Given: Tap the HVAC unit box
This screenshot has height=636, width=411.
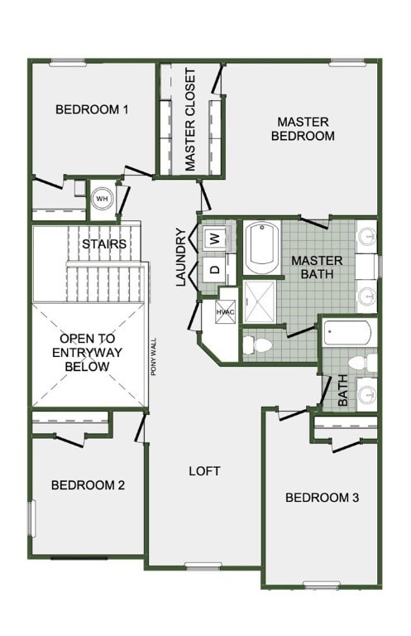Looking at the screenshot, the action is (x=225, y=311).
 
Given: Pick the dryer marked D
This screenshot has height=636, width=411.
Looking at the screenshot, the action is (x=215, y=269).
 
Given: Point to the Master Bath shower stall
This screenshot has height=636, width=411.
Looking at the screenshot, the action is (x=260, y=301).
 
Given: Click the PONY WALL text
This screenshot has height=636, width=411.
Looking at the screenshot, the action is (x=154, y=357).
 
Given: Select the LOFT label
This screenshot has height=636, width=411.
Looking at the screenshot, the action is (x=205, y=471).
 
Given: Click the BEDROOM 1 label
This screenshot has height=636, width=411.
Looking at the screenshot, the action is (x=92, y=109).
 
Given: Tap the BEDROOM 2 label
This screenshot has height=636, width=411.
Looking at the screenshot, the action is (x=88, y=485).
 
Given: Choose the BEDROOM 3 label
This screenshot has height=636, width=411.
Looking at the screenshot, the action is (x=322, y=498).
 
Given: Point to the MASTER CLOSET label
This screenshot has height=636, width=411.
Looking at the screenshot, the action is (x=189, y=119).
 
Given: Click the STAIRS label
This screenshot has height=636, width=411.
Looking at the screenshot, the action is (x=104, y=244).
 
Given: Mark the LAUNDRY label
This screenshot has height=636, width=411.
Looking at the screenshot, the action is (x=180, y=258).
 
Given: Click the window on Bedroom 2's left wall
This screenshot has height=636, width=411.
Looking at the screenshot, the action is (x=31, y=518).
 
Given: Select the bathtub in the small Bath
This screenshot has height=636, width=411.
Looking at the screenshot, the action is (x=347, y=333).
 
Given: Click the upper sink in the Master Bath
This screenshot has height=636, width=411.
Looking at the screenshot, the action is (x=368, y=235).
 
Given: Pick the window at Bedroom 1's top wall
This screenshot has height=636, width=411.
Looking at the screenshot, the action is (x=68, y=62).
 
